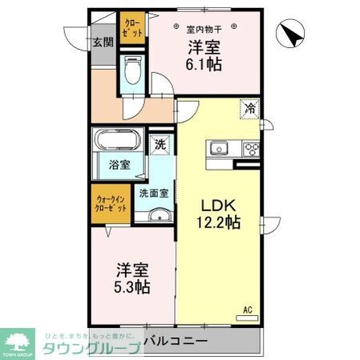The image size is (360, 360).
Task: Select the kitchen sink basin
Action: tap(220, 148)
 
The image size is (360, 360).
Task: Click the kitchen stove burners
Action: tap(252, 148)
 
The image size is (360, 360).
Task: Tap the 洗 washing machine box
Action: tap(160, 145)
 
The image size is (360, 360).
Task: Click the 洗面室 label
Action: tap(153, 193)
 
